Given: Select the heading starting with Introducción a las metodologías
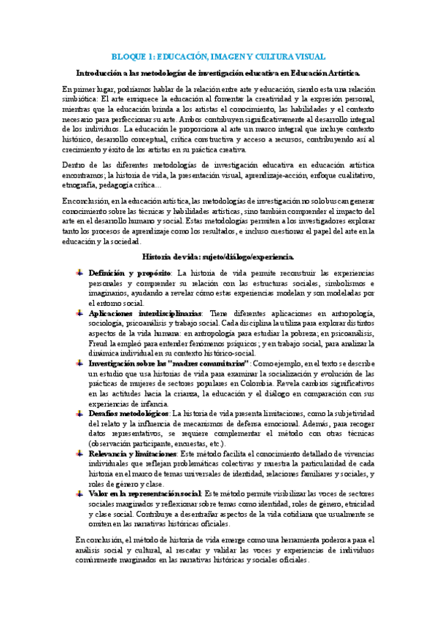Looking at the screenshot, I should tap(218, 72).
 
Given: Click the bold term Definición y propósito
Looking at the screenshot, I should tap(128, 272).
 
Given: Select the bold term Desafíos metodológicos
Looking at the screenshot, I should tap(128, 413).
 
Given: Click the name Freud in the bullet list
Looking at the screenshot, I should tap(99, 342).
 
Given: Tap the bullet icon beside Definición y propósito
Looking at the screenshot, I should tap(80, 272).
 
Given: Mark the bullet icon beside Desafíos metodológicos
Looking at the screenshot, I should tap(80, 413).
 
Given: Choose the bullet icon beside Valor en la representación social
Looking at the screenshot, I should tap(80, 493).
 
